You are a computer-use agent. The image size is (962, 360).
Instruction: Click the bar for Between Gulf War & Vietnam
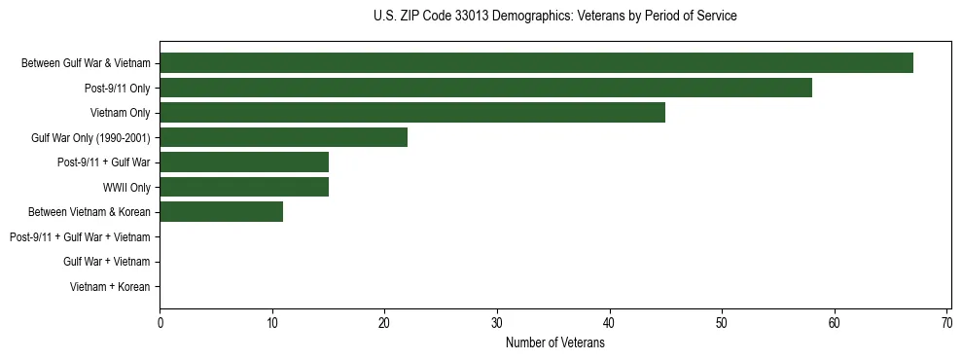coord(536,63)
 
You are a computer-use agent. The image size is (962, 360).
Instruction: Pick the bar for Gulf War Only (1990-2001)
coord(283,137)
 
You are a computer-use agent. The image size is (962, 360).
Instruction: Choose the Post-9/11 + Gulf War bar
coord(244,162)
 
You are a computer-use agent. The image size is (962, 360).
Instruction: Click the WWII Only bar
coord(244,187)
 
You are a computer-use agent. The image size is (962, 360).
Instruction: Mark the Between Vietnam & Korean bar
coord(222,211)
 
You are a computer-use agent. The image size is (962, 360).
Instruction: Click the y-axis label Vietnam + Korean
coord(110,286)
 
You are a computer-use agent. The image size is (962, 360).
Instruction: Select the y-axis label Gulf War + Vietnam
coord(107,262)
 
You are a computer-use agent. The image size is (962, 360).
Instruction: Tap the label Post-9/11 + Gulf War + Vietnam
coord(80,236)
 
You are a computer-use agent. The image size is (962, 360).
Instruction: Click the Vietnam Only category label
coord(121,113)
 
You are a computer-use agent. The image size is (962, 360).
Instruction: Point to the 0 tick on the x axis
coord(160,323)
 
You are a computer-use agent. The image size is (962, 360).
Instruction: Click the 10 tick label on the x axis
coord(272,323)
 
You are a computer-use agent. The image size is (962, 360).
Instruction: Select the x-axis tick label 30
coord(497,323)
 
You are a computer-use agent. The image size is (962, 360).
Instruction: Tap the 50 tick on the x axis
coord(722,323)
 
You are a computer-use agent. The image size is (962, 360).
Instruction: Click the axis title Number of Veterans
coord(554,342)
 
